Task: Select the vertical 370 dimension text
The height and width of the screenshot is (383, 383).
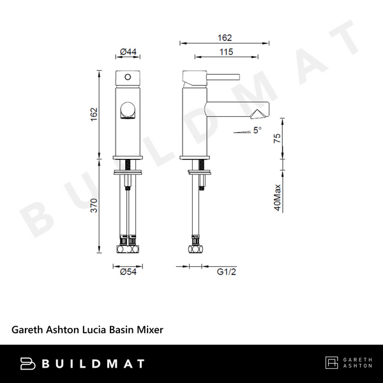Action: click(x=93, y=206)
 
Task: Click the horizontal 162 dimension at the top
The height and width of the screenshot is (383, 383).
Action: click(x=225, y=38)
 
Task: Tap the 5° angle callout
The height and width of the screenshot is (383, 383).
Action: click(x=257, y=130)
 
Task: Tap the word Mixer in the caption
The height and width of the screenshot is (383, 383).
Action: click(x=151, y=330)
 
